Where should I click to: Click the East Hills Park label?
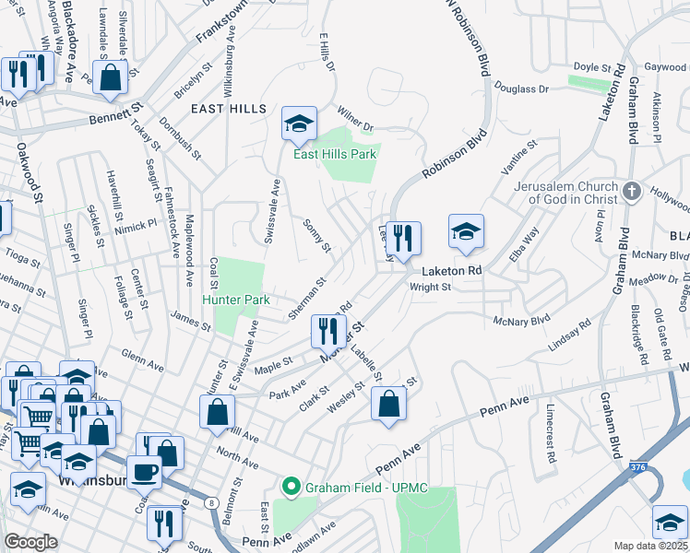pos(334,154)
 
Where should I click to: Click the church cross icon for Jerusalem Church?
pos(632,191)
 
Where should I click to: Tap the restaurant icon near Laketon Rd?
pos(402,238)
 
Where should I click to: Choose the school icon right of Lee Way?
pos(466,232)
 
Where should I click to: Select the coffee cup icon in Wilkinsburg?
pos(144,472)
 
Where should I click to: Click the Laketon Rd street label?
pos(453,272)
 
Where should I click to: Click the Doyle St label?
pos(592,67)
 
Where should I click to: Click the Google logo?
pos(30,542)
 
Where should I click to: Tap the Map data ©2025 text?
pos(650,546)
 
